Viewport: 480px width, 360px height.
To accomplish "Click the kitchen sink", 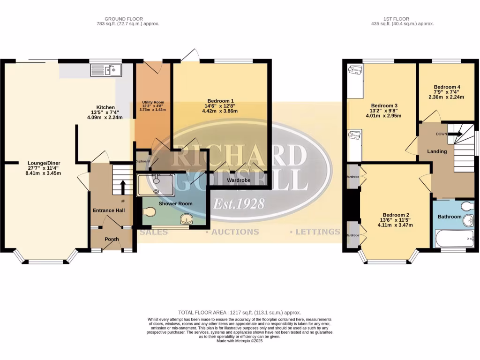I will (x=106, y=71).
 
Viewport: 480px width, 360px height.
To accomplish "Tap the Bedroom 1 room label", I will (x=219, y=101).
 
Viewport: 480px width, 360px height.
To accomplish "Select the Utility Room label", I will (x=153, y=102).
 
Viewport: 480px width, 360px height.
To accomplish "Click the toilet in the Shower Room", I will (x=149, y=212).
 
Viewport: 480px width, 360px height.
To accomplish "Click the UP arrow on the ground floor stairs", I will (x=123, y=186).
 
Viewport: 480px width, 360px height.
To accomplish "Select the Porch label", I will (x=112, y=239).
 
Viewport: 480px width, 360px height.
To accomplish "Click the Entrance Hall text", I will (x=108, y=210).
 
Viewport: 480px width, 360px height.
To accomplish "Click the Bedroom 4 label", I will (x=447, y=87).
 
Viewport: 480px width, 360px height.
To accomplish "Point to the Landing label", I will (x=436, y=151).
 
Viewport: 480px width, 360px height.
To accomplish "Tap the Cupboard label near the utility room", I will (x=142, y=161).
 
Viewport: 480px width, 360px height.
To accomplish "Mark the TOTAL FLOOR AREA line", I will (x=240, y=312).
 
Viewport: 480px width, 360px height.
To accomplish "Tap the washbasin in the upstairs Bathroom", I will (x=468, y=221).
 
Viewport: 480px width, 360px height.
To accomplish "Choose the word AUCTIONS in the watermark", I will (x=235, y=232).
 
